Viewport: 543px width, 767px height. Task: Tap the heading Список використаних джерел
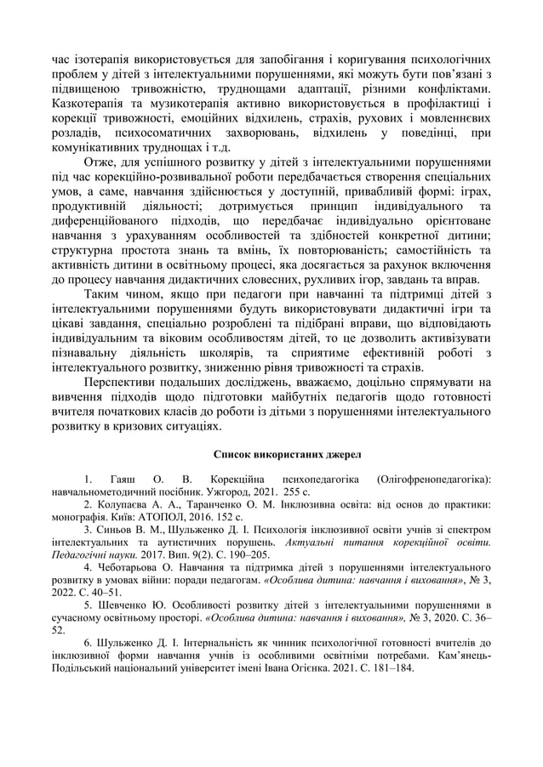tap(271, 456)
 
